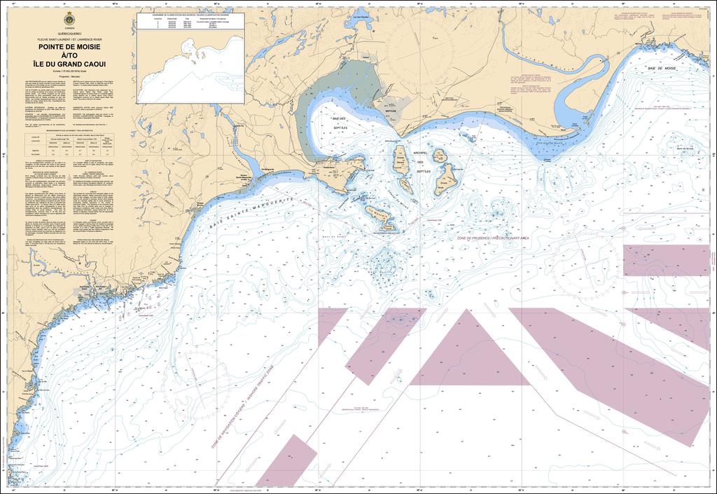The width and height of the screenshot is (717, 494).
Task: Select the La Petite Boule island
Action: pos(439,156)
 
